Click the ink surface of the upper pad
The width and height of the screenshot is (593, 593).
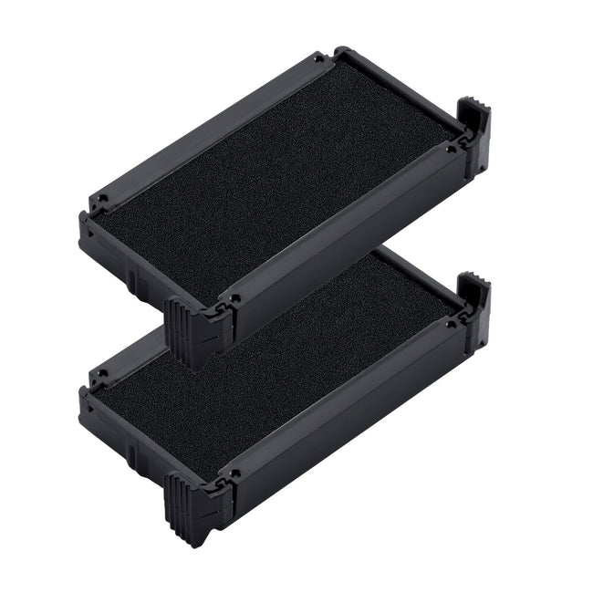(x=274, y=178)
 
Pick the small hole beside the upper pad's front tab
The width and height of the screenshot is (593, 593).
(x=234, y=297)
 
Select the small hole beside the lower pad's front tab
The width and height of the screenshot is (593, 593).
(x=234, y=475)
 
